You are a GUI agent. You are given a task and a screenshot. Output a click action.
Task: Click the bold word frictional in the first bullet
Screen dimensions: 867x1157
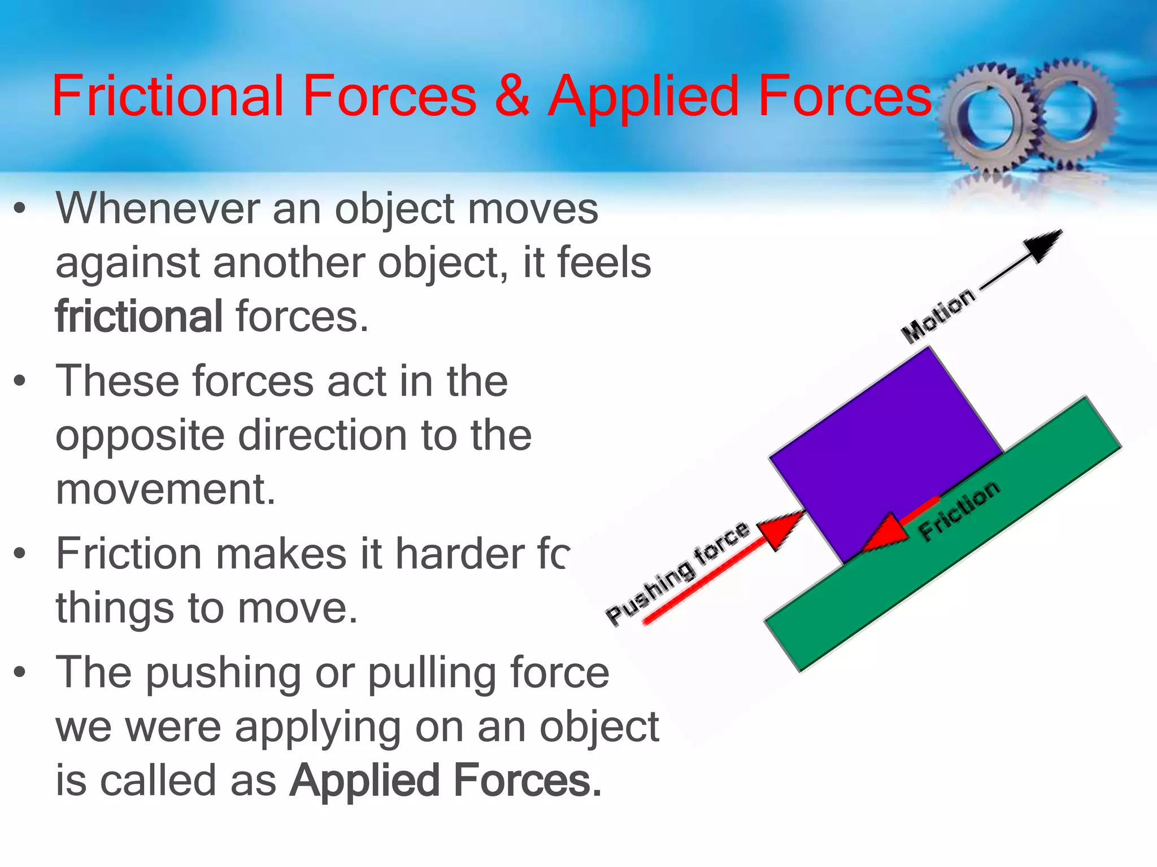(x=139, y=317)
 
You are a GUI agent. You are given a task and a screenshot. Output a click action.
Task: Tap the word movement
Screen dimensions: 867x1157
(x=166, y=489)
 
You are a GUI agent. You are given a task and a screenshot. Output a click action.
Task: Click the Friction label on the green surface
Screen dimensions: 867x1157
(x=959, y=511)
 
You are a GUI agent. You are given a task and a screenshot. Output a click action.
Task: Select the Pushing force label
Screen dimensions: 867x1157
(x=678, y=573)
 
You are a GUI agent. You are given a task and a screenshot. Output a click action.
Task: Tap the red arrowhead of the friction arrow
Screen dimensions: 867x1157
(x=884, y=533)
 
